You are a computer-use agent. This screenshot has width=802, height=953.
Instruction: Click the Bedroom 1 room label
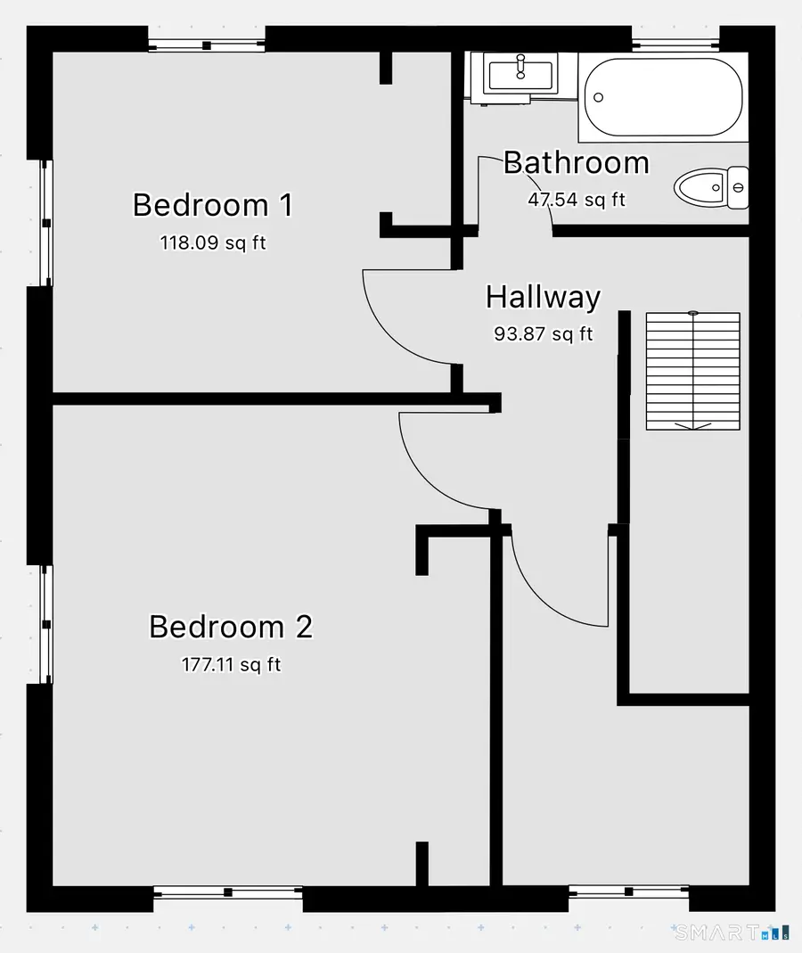tap(213, 205)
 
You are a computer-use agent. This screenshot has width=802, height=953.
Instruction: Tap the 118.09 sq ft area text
tap(213, 242)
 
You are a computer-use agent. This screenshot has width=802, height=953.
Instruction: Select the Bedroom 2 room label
tap(231, 627)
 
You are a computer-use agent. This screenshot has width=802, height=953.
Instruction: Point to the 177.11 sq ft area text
tap(231, 664)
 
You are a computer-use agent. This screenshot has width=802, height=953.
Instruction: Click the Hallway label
tap(544, 297)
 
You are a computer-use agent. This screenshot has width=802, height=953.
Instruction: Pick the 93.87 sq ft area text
tap(544, 333)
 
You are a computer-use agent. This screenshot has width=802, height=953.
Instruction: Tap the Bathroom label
tap(577, 162)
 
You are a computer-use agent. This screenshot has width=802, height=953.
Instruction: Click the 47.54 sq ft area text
tap(577, 200)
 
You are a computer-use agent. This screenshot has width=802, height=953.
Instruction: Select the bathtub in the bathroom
tap(664, 97)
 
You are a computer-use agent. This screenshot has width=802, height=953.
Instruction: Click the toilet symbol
tap(711, 187)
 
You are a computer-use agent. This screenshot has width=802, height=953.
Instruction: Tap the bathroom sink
tap(520, 76)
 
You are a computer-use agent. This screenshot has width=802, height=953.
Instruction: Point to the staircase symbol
tap(692, 371)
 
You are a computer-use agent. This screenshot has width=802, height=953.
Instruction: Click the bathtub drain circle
tap(599, 97)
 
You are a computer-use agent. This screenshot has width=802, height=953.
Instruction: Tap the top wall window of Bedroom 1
tap(207, 45)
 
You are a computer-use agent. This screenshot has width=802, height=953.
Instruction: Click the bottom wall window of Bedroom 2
tap(228, 892)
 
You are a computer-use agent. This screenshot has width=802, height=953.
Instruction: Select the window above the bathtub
tap(675, 44)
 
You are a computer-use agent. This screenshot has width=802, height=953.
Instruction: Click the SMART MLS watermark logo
tap(732, 932)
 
